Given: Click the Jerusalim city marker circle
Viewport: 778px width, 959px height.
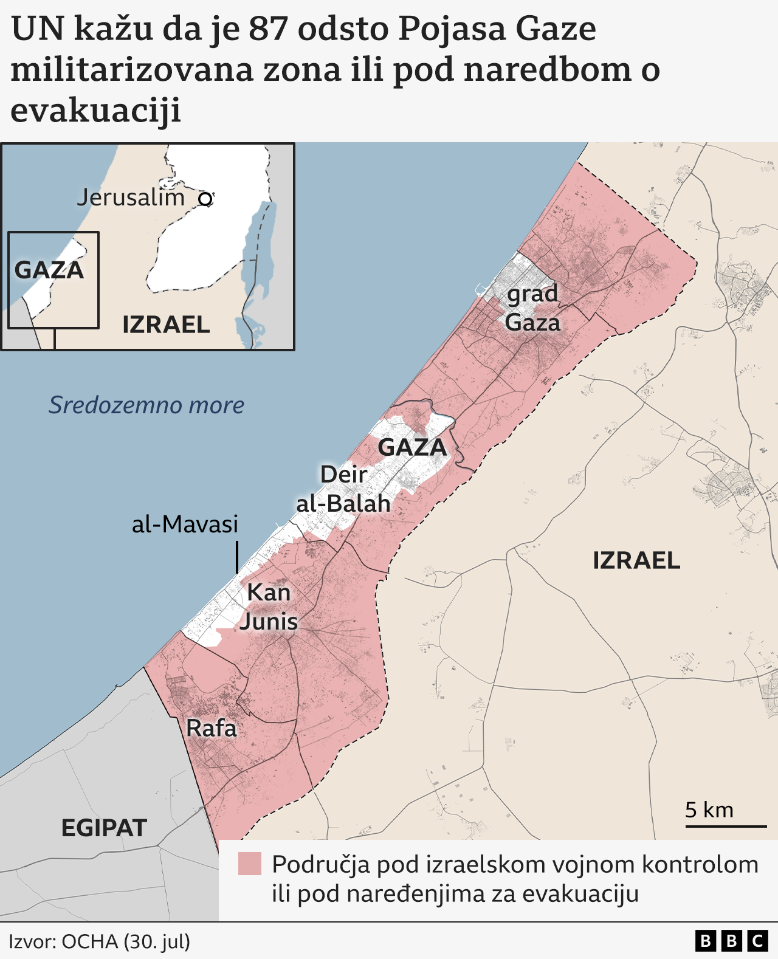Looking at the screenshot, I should [205, 199].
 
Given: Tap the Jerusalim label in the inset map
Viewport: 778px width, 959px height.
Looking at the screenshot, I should [131, 198].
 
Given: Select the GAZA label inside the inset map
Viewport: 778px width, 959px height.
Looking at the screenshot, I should [49, 270].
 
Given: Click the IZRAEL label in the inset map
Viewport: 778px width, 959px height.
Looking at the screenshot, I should [166, 325].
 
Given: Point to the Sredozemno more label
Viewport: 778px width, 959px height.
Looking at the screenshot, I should [146, 405].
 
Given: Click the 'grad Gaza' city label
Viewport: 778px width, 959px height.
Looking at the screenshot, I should [532, 308].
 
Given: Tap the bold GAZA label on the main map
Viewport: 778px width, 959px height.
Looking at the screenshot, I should [412, 447].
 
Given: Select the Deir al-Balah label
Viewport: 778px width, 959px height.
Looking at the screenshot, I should [343, 489].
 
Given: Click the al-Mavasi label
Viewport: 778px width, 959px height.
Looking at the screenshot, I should [185, 524].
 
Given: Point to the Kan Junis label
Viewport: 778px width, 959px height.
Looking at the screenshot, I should [269, 607].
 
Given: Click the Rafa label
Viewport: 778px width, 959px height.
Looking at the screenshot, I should [211, 727].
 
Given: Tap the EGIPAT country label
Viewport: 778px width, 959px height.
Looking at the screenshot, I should [104, 828].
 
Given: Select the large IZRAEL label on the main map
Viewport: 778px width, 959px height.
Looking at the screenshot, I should [636, 560].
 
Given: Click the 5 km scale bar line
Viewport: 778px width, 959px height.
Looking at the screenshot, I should [726, 826].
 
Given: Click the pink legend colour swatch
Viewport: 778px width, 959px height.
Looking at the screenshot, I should [250, 864].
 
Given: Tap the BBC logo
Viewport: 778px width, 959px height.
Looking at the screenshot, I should [731, 941].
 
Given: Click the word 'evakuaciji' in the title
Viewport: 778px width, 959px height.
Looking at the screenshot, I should [96, 110].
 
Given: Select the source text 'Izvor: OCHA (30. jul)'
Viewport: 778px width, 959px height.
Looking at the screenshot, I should [100, 941].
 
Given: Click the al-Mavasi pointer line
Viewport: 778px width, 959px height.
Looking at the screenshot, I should [236, 557].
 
